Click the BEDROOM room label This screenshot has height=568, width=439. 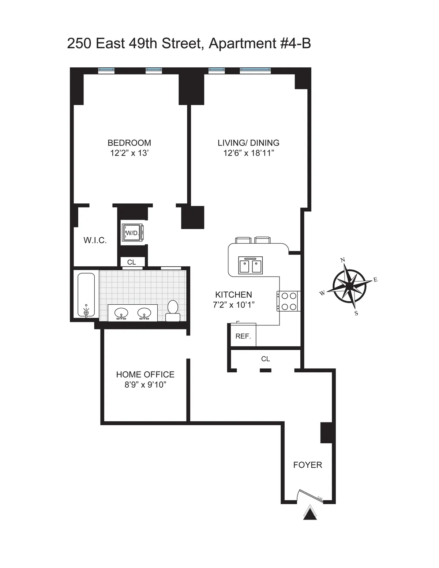coord(129,143)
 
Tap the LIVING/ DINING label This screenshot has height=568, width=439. coord(248,143)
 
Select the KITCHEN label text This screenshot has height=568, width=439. coord(233,295)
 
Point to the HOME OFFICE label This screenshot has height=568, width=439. coord(145,375)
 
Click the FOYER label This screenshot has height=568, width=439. coord(308,465)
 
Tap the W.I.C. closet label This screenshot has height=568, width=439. coord(95,241)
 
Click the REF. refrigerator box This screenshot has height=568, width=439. coord(243,336)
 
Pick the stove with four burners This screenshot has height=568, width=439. coord(289,301)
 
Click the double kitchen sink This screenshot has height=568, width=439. coord(251,265)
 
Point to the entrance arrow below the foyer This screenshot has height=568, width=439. coord(310,513)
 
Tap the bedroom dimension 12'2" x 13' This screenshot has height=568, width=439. coord(129,153)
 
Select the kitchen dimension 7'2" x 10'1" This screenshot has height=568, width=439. coord(233,305)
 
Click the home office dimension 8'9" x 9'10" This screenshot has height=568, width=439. coord(145,385)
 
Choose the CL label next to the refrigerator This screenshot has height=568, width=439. coord(266,359)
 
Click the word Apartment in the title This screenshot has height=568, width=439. coord(241,44)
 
